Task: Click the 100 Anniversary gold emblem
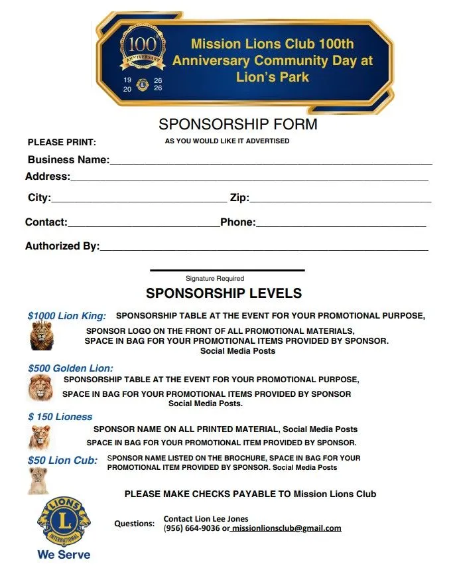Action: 142,52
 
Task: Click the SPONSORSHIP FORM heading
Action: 238,124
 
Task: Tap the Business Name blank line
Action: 271,162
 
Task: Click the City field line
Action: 139,200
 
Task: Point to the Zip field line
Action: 340,200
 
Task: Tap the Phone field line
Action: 340,224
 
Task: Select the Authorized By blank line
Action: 263,248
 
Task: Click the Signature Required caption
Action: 215,279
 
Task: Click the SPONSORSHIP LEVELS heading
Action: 224,293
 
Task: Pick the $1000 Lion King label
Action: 67,316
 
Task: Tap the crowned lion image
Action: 41,336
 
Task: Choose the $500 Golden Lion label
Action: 70,368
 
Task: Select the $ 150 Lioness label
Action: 60,417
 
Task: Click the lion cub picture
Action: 38,481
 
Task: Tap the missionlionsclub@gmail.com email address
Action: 287,528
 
